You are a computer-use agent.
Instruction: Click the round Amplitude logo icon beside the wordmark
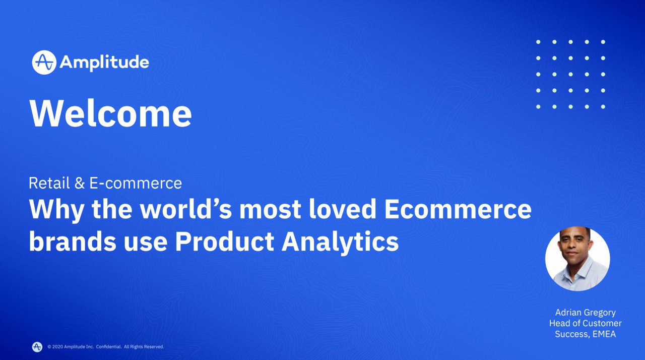pyautogui.click(x=44, y=63)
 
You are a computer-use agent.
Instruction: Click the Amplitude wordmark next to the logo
pyautogui.click(x=104, y=63)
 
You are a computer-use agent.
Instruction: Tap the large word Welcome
pyautogui.click(x=110, y=113)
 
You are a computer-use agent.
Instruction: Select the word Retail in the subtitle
pyautogui.click(x=49, y=183)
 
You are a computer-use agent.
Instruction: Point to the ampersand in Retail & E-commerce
pyautogui.click(x=80, y=183)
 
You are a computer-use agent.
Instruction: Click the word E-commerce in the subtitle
pyautogui.click(x=136, y=184)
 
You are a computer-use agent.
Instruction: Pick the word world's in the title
pyautogui.click(x=186, y=209)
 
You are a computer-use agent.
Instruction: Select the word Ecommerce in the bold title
pyautogui.click(x=458, y=209)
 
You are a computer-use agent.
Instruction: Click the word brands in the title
pyautogui.click(x=73, y=241)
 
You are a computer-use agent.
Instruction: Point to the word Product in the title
pyautogui.click(x=225, y=241)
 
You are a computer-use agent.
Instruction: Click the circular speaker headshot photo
pyautogui.click(x=577, y=258)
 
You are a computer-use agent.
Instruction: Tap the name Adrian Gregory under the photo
pyautogui.click(x=586, y=313)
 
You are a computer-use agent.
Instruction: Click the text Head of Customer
pyautogui.click(x=585, y=323)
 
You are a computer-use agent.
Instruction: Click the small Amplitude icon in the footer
pyautogui.click(x=37, y=347)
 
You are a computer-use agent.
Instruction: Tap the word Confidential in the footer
pyautogui.click(x=109, y=347)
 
